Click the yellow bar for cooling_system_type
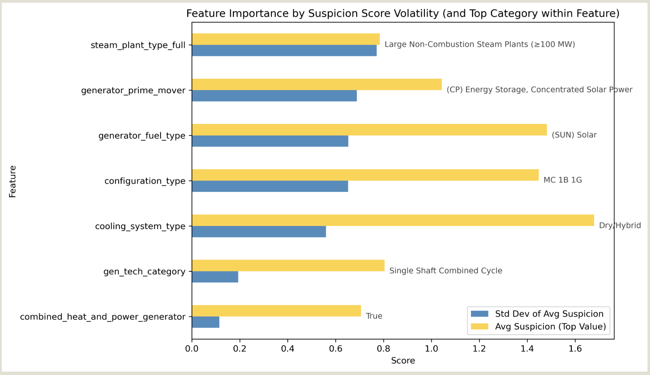[392, 220]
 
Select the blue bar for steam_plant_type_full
[284, 51]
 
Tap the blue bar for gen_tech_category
[215, 277]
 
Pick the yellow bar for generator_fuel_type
[369, 130]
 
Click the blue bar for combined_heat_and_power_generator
[206, 322]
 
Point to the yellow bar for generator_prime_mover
[317, 85]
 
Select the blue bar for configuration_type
[270, 186]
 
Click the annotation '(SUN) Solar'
[574, 135]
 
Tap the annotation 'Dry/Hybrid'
[619, 225]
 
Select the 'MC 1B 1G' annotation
[562, 180]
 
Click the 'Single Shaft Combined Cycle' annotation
[445, 271]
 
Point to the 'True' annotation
[374, 316]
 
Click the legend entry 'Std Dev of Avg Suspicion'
[549, 314]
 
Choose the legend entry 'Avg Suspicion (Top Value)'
[550, 327]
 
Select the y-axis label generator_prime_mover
[133, 91]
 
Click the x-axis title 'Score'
[403, 361]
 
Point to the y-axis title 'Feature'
[12, 181]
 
